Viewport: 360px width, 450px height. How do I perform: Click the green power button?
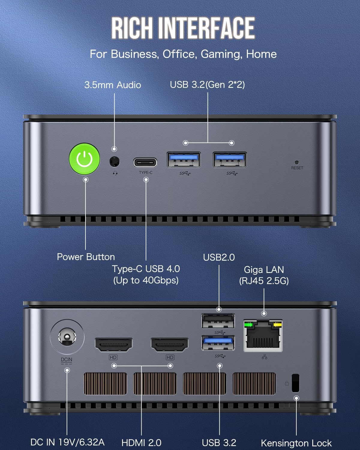85,158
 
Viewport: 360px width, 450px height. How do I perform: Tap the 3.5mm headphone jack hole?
114,162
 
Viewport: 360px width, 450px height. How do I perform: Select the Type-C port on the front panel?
145,162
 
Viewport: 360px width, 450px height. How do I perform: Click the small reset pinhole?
297,162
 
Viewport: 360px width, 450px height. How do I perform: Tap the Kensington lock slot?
295,383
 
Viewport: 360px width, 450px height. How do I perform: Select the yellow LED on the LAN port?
278,325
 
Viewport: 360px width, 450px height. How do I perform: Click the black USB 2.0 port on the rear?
218,321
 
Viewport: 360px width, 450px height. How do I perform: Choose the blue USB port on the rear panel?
218,343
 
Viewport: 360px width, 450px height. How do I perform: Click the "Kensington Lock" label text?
296,443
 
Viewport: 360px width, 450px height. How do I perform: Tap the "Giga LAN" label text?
264,269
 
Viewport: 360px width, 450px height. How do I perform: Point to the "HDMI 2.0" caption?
141,442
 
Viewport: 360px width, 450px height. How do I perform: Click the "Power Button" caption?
86,257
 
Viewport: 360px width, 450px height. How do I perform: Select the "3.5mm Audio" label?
112,85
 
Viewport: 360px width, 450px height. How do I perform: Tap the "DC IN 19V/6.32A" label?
67,442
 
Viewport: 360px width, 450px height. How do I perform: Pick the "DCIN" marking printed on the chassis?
66,359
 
